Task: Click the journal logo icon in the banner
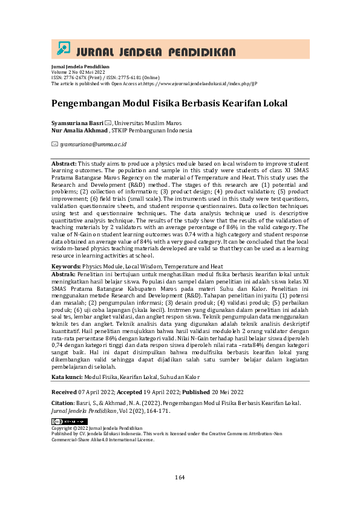pos(63,49)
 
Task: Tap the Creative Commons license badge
pos(69,421)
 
